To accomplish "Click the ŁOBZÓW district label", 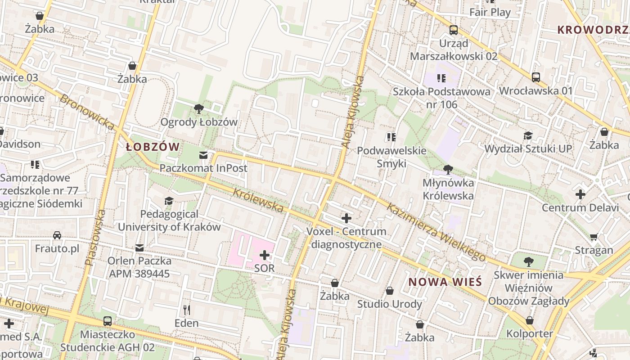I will pyautogui.click(x=153, y=147).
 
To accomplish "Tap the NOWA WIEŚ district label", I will pyautogui.click(x=445, y=282).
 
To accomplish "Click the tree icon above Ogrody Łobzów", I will pyautogui.click(x=198, y=109).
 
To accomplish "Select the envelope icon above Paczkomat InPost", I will pyautogui.click(x=203, y=155).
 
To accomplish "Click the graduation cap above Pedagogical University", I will pyautogui.click(x=169, y=201).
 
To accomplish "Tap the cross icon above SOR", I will pyautogui.click(x=265, y=256).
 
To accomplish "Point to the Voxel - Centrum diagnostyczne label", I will pyautogui.click(x=346, y=238).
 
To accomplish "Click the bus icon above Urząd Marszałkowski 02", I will pyautogui.click(x=454, y=30).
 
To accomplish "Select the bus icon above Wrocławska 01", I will pyautogui.click(x=535, y=77).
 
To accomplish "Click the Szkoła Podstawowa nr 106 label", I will pyautogui.click(x=441, y=98).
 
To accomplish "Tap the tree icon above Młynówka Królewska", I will pyautogui.click(x=448, y=170).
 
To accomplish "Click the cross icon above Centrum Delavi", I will pyautogui.click(x=580, y=194).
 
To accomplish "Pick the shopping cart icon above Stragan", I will pyautogui.click(x=594, y=237).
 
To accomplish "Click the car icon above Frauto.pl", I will pyautogui.click(x=57, y=235).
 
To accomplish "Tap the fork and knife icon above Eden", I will pyautogui.click(x=187, y=310).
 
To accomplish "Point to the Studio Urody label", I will pyautogui.click(x=390, y=304).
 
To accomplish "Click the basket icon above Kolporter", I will pyautogui.click(x=530, y=320).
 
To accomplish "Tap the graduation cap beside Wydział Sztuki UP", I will pyautogui.click(x=527, y=135).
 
